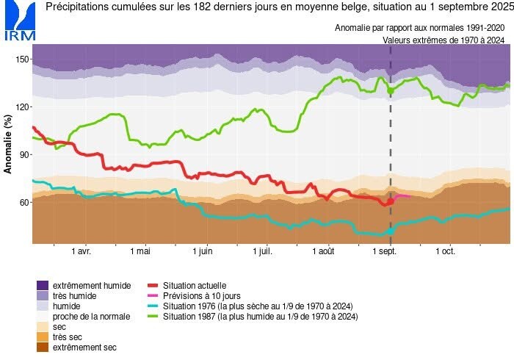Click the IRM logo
pyautogui.click(x=19, y=21)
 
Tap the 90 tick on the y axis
pyautogui.click(x=23, y=154)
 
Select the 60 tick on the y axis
pyautogui.click(x=23, y=202)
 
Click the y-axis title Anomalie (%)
pyautogui.click(x=9, y=144)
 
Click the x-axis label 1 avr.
pyautogui.click(x=81, y=251)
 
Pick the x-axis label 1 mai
pyautogui.click(x=140, y=251)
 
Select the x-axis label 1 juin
pyautogui.click(x=202, y=251)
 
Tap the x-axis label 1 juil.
pyautogui.click(x=262, y=251)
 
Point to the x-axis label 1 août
pyautogui.click(x=323, y=251)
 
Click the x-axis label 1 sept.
pyautogui.click(x=386, y=251)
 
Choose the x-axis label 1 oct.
pyautogui.click(x=445, y=251)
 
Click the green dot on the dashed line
pyautogui.click(x=391, y=90)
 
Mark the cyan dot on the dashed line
pyautogui.click(x=391, y=231)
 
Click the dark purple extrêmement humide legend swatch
pyautogui.click(x=43, y=285)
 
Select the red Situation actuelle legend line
pyautogui.click(x=153, y=285)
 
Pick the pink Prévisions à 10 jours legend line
pyautogui.click(x=153, y=295)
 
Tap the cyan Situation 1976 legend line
pyautogui.click(x=153, y=306)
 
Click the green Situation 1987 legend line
pyautogui.click(x=153, y=316)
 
